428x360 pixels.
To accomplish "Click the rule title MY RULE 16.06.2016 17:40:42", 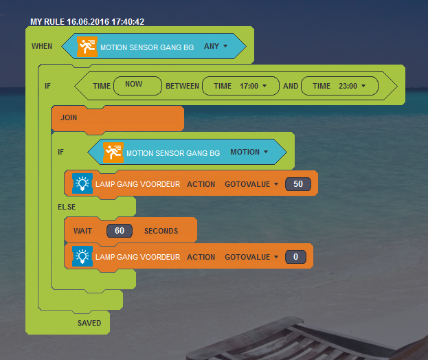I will pos(87,22).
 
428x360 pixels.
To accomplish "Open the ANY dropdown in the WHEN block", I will pos(215,47).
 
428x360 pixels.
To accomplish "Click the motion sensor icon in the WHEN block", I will pos(87,47).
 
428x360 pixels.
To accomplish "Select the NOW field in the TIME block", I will pos(134,85).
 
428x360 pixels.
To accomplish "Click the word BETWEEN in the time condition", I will pos(182,86).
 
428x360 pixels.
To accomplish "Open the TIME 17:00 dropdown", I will pos(240,86).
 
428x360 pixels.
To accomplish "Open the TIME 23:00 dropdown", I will pos(339,86).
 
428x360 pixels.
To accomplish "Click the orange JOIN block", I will pos(117,117).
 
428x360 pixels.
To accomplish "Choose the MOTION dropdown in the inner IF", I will pos(249,153).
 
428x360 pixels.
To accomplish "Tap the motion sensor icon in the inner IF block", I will pos(113,153).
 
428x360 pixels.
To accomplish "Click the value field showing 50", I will pos(298,184).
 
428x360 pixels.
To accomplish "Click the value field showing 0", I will pos(295,257).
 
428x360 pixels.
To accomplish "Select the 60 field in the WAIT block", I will pos(120,231).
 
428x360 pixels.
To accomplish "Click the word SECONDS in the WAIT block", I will pos(161,231).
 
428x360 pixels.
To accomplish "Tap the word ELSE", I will pos(67,206).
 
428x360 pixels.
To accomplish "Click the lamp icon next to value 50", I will pos(82,183).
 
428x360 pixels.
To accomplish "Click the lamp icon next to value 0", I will pos(82,257).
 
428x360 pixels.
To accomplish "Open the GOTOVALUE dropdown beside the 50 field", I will pos(251,184).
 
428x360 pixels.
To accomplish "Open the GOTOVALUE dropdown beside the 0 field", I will pos(251,257).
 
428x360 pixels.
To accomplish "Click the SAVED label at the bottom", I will pos(89,323).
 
